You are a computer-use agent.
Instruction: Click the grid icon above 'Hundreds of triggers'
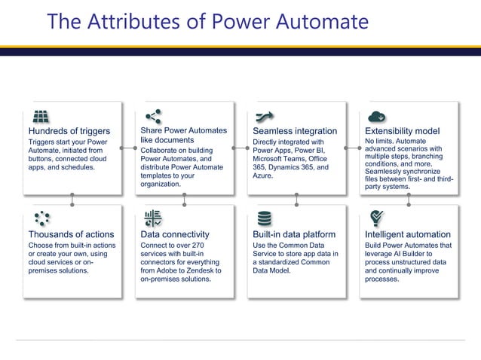40,117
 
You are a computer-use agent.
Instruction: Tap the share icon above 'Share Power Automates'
152,116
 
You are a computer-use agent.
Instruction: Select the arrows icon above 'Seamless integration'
264,117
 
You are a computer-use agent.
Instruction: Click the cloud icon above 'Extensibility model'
377,117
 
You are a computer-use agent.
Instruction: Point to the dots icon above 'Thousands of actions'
41,219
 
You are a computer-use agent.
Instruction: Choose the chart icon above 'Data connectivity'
152,219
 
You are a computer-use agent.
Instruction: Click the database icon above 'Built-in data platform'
264,219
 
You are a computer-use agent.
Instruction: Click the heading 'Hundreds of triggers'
69,131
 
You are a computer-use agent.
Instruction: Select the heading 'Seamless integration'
295,131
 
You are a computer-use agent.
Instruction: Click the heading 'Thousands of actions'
71,234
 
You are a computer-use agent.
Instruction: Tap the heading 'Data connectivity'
175,234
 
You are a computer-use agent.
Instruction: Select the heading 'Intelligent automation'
408,234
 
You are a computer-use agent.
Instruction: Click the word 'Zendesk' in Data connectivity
204,270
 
